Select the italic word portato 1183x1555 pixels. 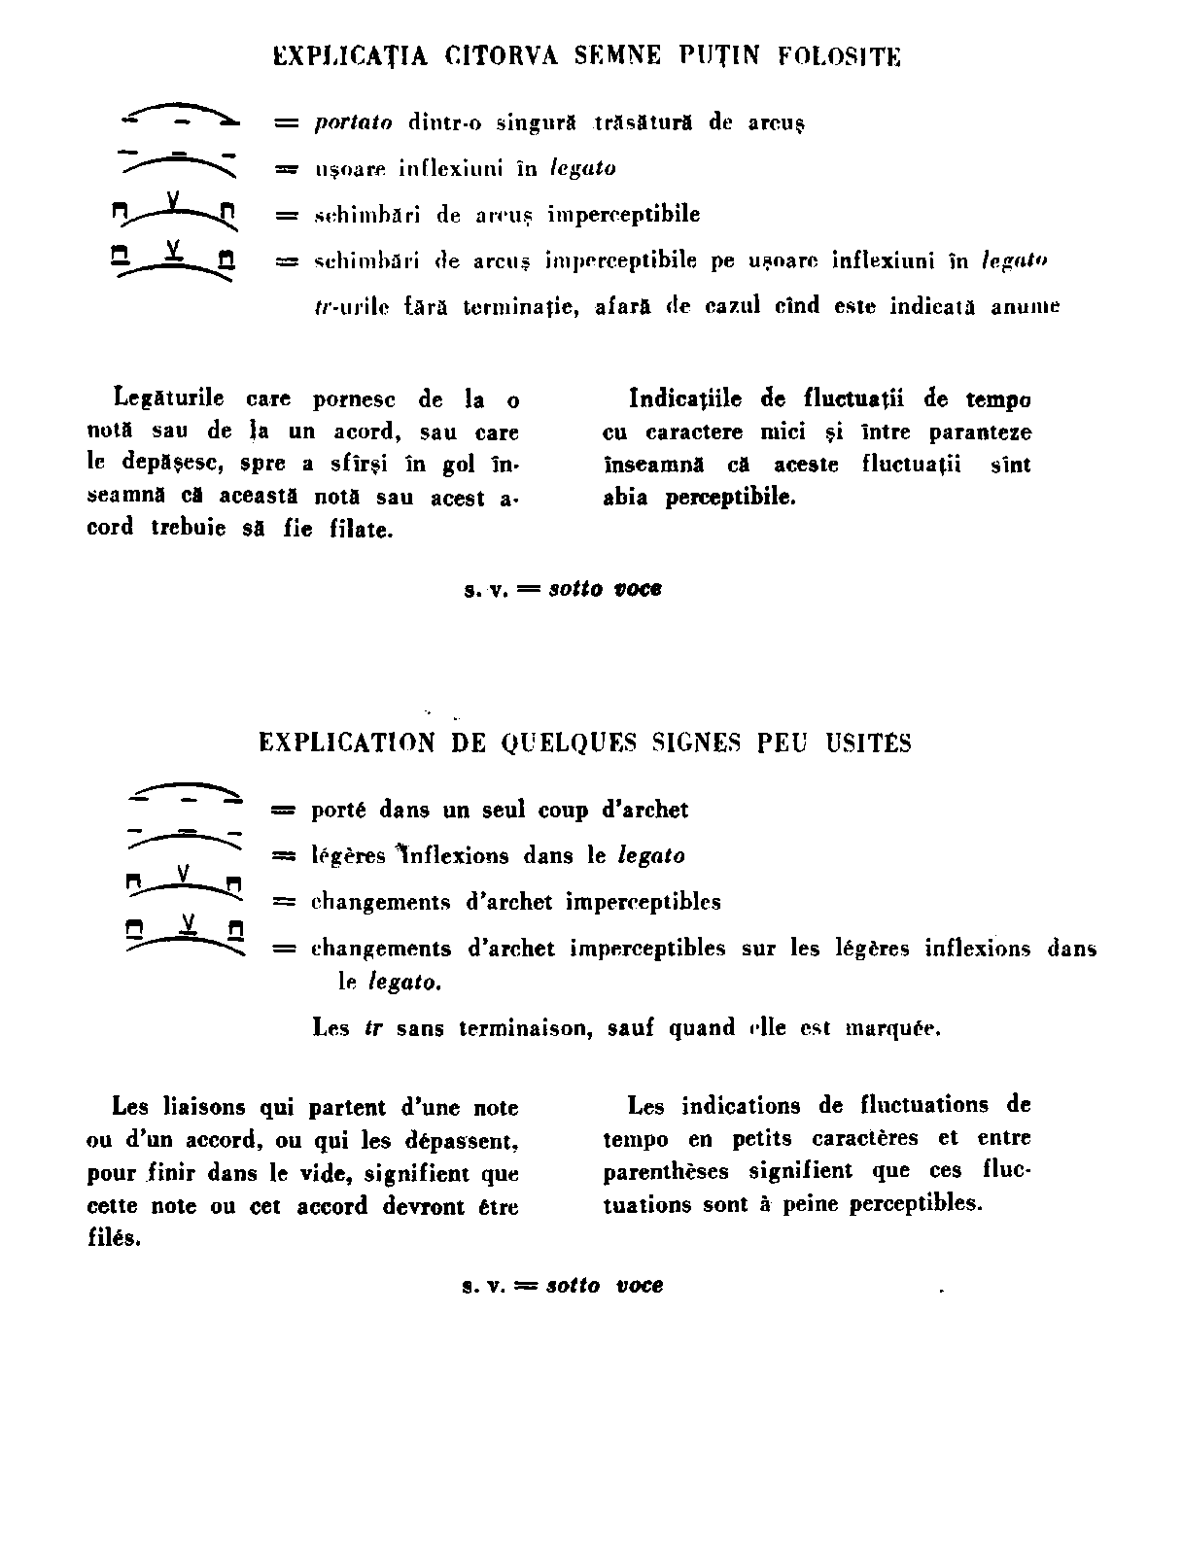(354, 123)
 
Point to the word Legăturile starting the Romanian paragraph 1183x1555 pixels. (169, 398)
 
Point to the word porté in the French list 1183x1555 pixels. (339, 810)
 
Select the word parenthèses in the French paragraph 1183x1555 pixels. (666, 1172)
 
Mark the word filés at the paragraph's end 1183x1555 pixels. (113, 1241)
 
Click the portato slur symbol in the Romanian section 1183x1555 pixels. (180, 114)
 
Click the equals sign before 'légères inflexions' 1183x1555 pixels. (284, 856)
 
